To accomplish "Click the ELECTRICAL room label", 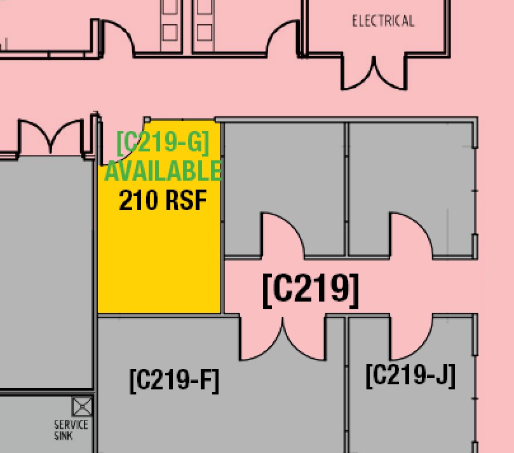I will point(383,21).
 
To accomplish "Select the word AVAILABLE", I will point(163,171).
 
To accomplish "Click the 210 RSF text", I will point(163,200).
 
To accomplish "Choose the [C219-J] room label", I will point(410,375).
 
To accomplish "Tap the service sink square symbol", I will point(82,407).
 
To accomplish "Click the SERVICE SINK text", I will point(71,429).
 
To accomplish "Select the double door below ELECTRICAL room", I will point(374,73).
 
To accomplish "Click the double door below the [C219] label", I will point(283,337).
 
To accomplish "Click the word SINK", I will point(64,436).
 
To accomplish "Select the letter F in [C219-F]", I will point(205,380).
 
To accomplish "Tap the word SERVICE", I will point(71,424).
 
